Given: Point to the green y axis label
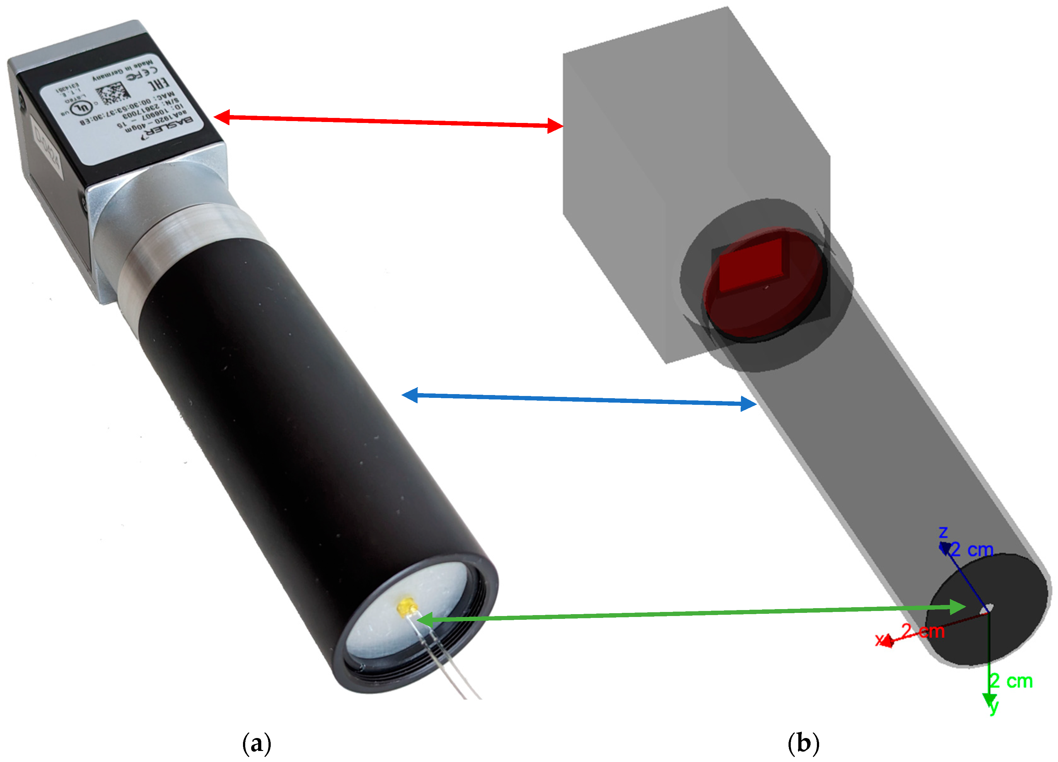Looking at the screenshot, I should click(x=994, y=706).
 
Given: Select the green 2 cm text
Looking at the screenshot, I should click(x=1011, y=681).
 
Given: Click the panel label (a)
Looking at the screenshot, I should click(x=257, y=743).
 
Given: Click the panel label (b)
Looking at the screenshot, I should click(x=803, y=743).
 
